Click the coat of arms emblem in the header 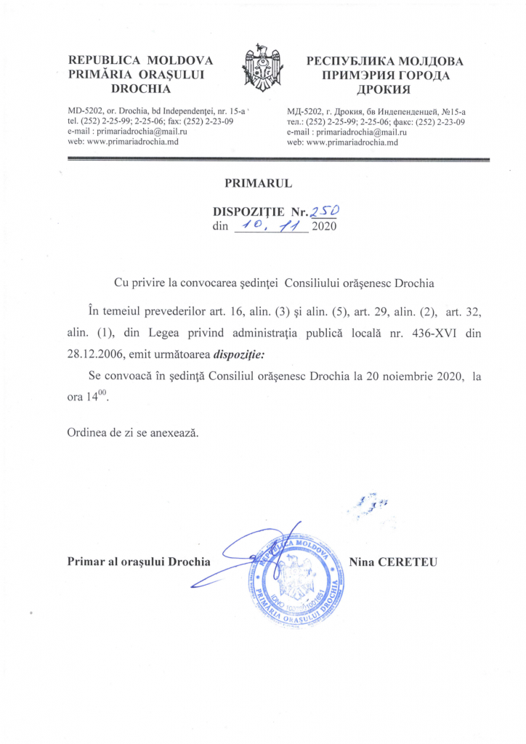(x=262, y=71)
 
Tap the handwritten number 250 (x=325, y=211)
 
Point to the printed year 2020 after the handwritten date (x=325, y=228)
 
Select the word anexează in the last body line (x=173, y=432)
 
